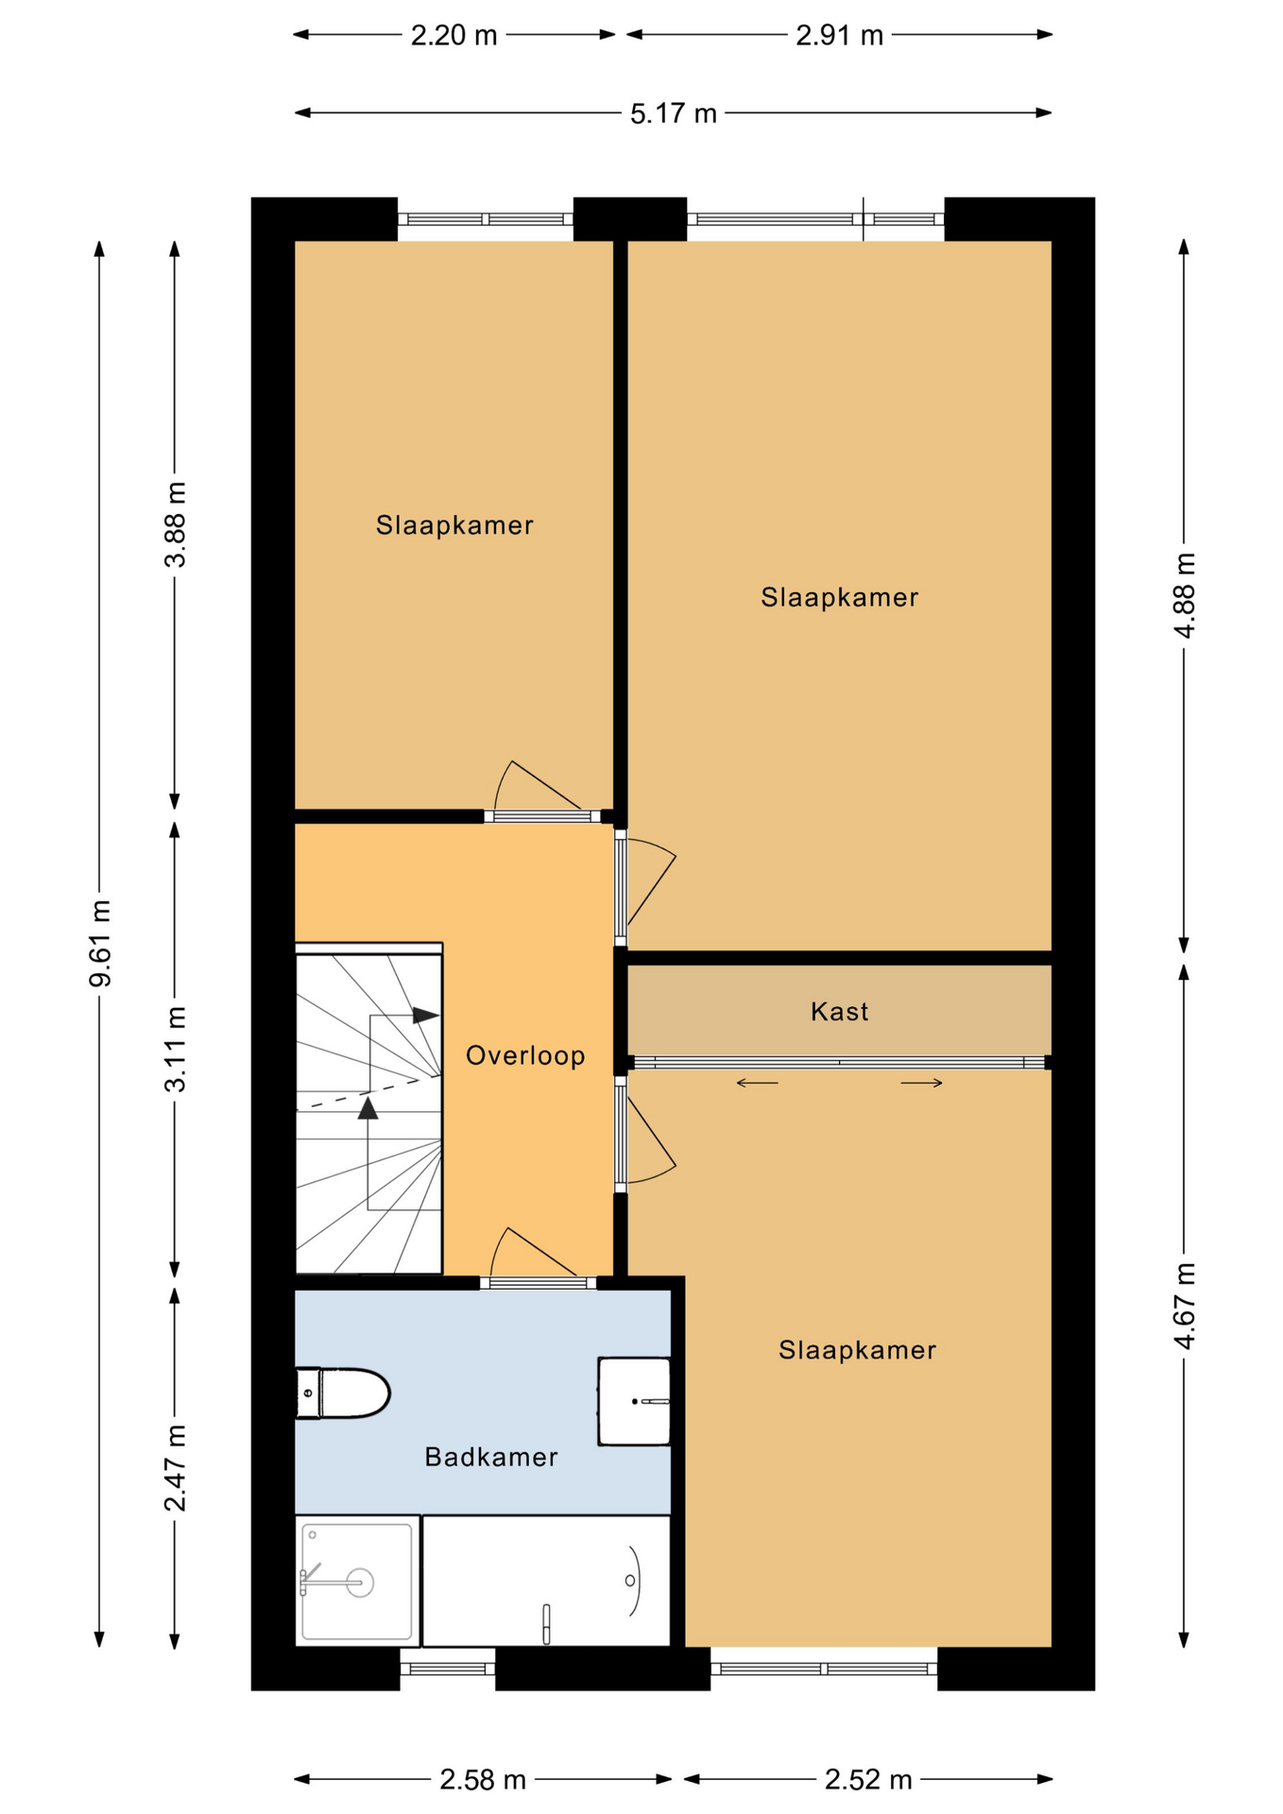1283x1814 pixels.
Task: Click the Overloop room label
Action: [x=525, y=1055]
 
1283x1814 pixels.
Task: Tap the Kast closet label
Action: [x=839, y=1012]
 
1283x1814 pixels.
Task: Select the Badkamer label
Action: [x=491, y=1457]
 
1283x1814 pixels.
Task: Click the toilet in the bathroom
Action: [x=343, y=1394]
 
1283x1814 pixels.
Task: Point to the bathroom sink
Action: [x=634, y=1401]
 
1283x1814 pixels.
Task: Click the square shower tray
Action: [x=357, y=1581]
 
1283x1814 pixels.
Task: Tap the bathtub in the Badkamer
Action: [x=546, y=1581]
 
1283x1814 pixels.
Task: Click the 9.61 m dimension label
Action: [x=99, y=944]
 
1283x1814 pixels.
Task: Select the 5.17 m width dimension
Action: [x=674, y=113]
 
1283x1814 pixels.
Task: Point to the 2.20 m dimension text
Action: [x=453, y=35]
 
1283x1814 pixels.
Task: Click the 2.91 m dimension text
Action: [x=839, y=35]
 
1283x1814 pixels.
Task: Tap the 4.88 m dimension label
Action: [x=1185, y=595]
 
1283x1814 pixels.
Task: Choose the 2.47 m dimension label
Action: [x=175, y=1467]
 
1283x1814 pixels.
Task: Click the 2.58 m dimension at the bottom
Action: [x=483, y=1780]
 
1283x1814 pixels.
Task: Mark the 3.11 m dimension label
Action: [x=175, y=1049]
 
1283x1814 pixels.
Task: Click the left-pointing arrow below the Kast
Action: [x=758, y=1083]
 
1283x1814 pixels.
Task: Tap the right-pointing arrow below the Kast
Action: [x=921, y=1083]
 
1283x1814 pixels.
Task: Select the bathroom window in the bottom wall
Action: [x=448, y=1669]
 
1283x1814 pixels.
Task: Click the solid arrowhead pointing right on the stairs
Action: [x=426, y=1016]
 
